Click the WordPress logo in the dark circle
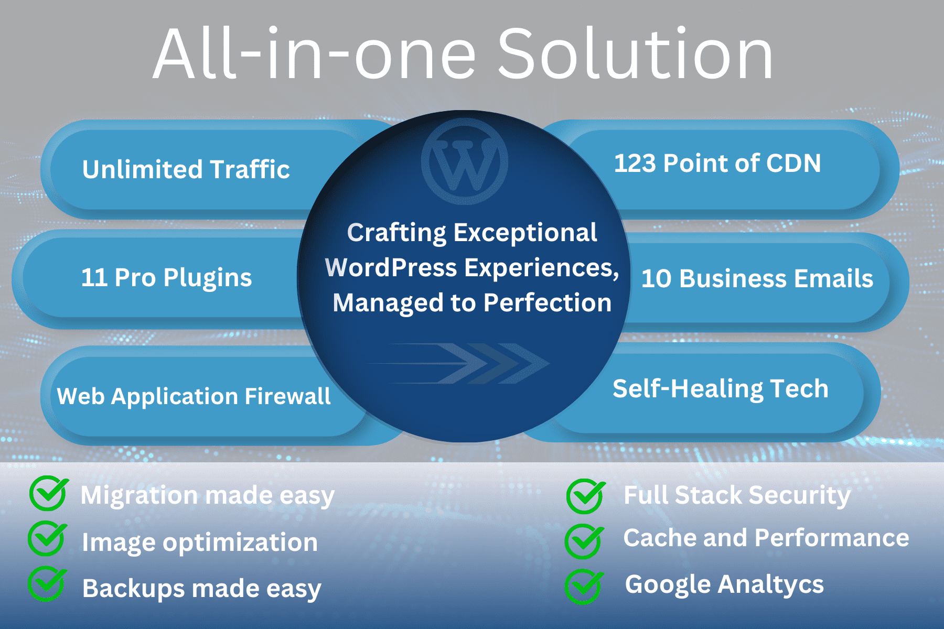464,161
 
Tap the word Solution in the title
635,54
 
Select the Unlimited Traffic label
186,169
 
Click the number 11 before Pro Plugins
94,277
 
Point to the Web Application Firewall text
194,397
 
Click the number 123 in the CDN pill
635,163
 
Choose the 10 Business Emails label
757,278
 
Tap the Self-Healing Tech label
721,389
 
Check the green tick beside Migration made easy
49,493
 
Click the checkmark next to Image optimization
47,538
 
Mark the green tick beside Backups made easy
47,584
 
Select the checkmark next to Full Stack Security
586,496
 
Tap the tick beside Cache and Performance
584,541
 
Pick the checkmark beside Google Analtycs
584,587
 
